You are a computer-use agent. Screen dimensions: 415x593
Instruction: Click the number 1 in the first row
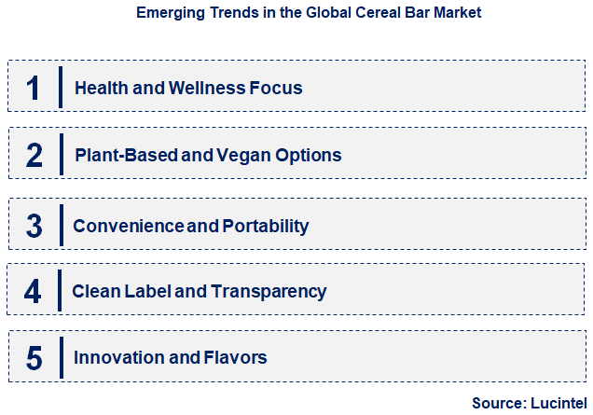[34, 88]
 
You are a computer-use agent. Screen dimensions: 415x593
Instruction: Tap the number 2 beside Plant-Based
[34, 155]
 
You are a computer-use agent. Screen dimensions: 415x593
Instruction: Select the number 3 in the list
[34, 226]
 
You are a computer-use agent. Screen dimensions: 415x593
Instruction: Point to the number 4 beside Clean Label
[34, 292]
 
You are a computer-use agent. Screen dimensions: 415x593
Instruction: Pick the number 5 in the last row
[34, 357]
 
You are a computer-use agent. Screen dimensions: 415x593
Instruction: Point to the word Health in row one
[100, 89]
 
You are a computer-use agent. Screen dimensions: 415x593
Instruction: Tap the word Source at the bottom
[499, 402]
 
